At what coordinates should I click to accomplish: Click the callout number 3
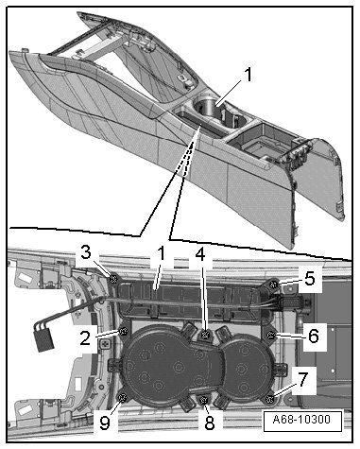(86, 253)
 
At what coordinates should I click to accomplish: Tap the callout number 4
(200, 254)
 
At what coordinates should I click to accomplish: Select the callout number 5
(310, 278)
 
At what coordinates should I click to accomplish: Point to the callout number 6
(313, 336)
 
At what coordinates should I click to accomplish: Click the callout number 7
(302, 379)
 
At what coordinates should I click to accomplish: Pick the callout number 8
(210, 423)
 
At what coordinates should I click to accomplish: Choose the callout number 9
(105, 423)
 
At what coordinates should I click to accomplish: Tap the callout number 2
(85, 338)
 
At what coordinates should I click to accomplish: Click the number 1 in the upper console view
(249, 75)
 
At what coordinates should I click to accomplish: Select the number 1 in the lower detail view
(162, 253)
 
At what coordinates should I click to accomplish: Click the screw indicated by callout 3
(113, 279)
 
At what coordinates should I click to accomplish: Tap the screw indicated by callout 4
(206, 335)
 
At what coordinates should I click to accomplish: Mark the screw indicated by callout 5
(273, 285)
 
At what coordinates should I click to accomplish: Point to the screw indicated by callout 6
(270, 336)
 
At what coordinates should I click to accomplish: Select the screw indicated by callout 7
(269, 399)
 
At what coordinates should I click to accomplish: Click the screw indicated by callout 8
(204, 400)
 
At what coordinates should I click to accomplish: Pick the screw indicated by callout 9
(122, 398)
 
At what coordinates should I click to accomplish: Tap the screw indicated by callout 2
(124, 331)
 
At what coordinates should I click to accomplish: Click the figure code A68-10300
(301, 420)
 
